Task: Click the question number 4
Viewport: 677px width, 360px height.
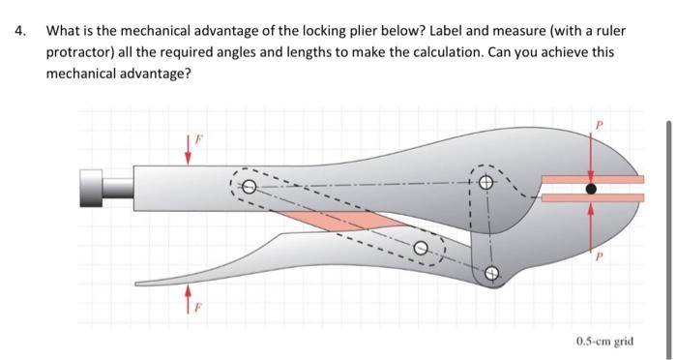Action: pos(18,30)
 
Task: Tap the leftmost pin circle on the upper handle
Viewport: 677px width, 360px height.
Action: pos(249,187)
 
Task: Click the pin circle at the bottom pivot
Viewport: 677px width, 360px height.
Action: pos(490,274)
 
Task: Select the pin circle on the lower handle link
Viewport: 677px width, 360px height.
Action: pos(422,248)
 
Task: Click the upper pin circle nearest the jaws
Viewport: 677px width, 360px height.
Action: pos(486,184)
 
